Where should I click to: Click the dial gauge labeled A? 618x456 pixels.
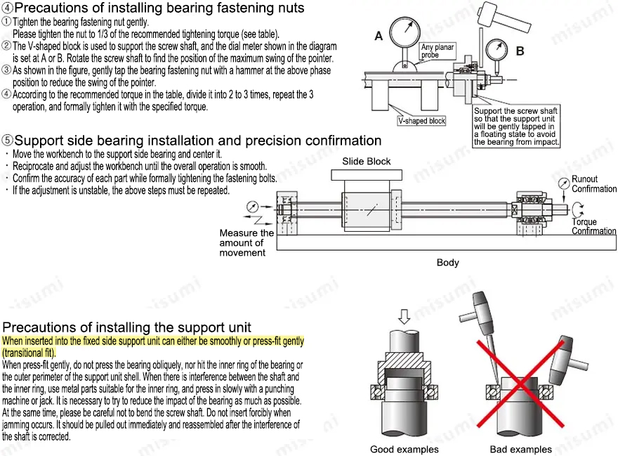[407, 34]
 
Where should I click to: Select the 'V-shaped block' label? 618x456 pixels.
[422, 121]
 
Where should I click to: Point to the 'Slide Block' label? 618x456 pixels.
[367, 161]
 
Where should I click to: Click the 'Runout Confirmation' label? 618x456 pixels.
[593, 184]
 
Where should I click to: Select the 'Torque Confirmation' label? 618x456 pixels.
[593, 226]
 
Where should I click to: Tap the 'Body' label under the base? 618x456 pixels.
[447, 263]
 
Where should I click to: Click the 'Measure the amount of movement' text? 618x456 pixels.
[246, 242]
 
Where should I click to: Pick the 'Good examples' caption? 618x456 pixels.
[404, 449]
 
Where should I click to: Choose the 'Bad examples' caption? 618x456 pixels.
[520, 449]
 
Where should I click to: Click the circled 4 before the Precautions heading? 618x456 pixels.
[7, 8]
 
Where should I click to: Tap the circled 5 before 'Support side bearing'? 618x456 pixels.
[7, 141]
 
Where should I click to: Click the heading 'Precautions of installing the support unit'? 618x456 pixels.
[126, 327]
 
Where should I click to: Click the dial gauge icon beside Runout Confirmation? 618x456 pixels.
[563, 184]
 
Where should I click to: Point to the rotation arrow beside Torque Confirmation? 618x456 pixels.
[577, 210]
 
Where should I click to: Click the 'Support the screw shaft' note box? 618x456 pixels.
[517, 126]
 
